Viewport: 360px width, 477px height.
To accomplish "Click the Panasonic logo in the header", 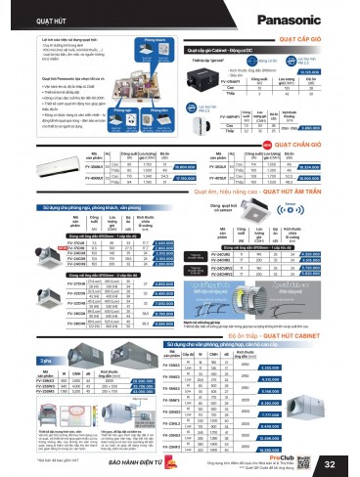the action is click(316, 18).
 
